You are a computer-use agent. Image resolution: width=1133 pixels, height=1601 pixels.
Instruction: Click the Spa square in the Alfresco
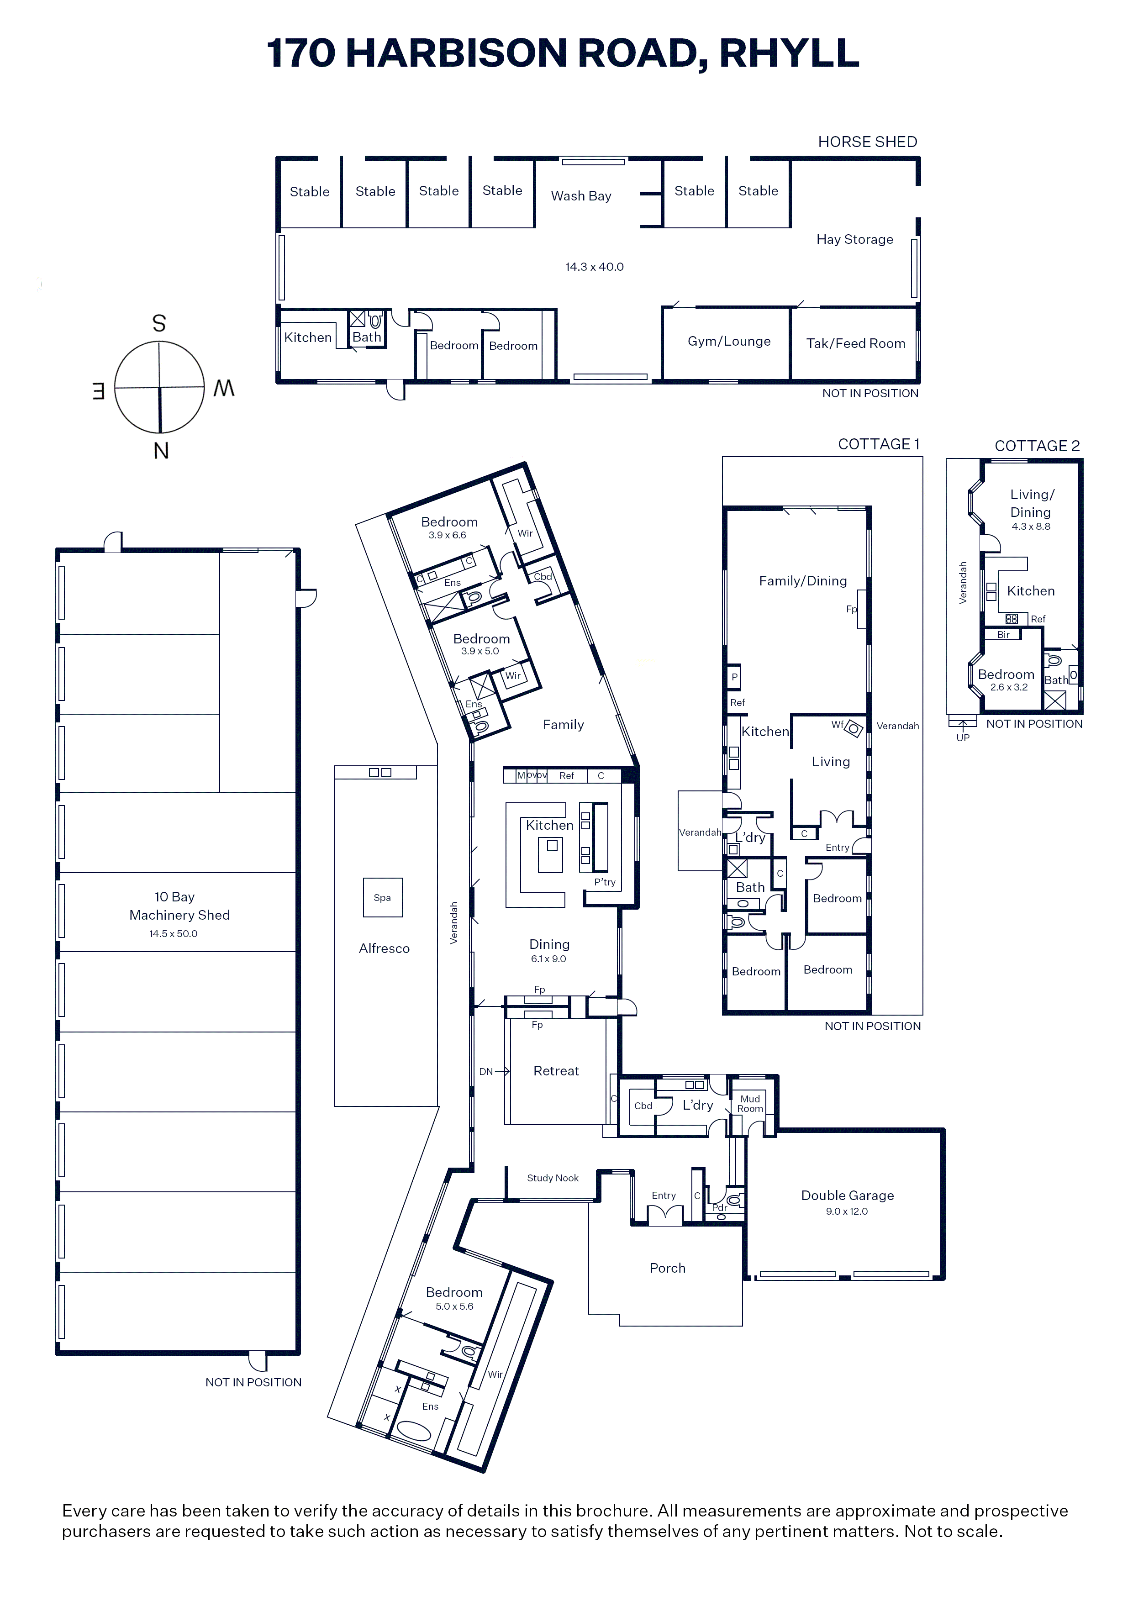pyautogui.click(x=382, y=897)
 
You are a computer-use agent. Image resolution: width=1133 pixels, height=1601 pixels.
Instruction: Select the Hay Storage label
pyautogui.click(x=854, y=239)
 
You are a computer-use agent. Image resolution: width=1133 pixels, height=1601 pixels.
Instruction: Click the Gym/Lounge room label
pyautogui.click(x=729, y=341)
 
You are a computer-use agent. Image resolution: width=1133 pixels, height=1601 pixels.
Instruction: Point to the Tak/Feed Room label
pyautogui.click(x=855, y=343)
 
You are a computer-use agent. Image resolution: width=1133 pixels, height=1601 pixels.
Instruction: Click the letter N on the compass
pyautogui.click(x=161, y=451)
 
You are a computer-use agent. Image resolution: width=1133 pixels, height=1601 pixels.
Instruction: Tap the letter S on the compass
pyautogui.click(x=159, y=323)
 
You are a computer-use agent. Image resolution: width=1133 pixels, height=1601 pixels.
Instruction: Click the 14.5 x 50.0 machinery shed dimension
pyautogui.click(x=173, y=933)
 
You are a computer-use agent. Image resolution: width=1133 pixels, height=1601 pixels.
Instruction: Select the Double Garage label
pyautogui.click(x=847, y=1195)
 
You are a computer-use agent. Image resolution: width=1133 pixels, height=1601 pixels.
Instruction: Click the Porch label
pyautogui.click(x=668, y=1268)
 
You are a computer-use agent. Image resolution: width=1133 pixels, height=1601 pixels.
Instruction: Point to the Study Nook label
pyautogui.click(x=553, y=1178)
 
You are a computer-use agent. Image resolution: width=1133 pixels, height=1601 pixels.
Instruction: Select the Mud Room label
pyautogui.click(x=750, y=1103)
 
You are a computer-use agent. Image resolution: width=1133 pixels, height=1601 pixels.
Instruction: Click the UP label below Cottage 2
pyautogui.click(x=963, y=737)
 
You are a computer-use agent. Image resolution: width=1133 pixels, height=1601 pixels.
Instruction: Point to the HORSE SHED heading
pyautogui.click(x=867, y=142)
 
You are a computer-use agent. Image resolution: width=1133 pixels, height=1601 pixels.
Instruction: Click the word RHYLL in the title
pyautogui.click(x=789, y=53)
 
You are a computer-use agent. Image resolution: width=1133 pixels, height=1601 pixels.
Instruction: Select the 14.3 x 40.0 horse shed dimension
pyautogui.click(x=595, y=267)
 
